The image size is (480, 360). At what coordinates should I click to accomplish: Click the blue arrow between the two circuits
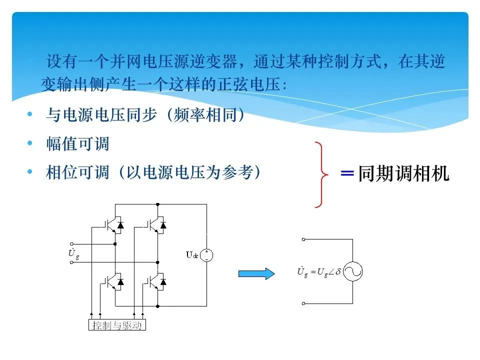pos(256,273)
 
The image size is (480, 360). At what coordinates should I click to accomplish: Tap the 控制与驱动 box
pos(117,325)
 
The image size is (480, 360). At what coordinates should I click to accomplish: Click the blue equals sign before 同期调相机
pos(347,174)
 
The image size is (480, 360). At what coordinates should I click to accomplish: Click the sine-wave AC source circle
pos(352,272)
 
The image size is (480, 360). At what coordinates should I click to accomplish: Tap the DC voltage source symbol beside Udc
pos(206,255)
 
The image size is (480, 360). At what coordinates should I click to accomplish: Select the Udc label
pos(192,255)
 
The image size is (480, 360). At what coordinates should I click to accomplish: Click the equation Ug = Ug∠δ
pos(318,272)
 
